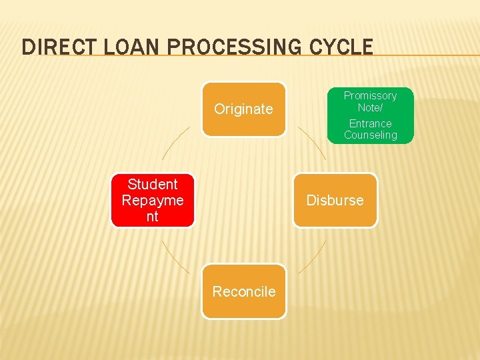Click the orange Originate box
click(x=243, y=109)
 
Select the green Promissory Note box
click(x=370, y=115)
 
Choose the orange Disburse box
click(x=335, y=200)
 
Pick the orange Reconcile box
click(x=243, y=291)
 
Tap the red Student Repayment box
click(x=152, y=200)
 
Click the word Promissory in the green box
click(x=370, y=95)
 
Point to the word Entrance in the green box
click(x=370, y=123)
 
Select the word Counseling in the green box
click(x=370, y=135)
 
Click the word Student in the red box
click(x=152, y=184)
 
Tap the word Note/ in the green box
click(x=370, y=107)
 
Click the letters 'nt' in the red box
click(x=152, y=217)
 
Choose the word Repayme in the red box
click(x=152, y=200)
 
